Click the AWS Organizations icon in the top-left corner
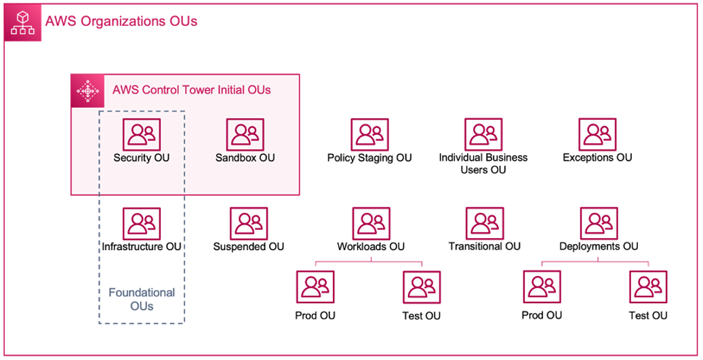click(23, 22)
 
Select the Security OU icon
click(142, 135)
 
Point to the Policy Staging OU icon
click(369, 135)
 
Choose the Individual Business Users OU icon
click(483, 135)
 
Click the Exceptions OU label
click(597, 158)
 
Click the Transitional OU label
click(484, 246)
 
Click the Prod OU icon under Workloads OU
click(315, 287)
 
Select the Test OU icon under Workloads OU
click(421, 287)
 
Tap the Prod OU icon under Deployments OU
click(542, 287)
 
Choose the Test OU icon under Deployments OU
click(647, 287)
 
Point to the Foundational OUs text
click(142, 299)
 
